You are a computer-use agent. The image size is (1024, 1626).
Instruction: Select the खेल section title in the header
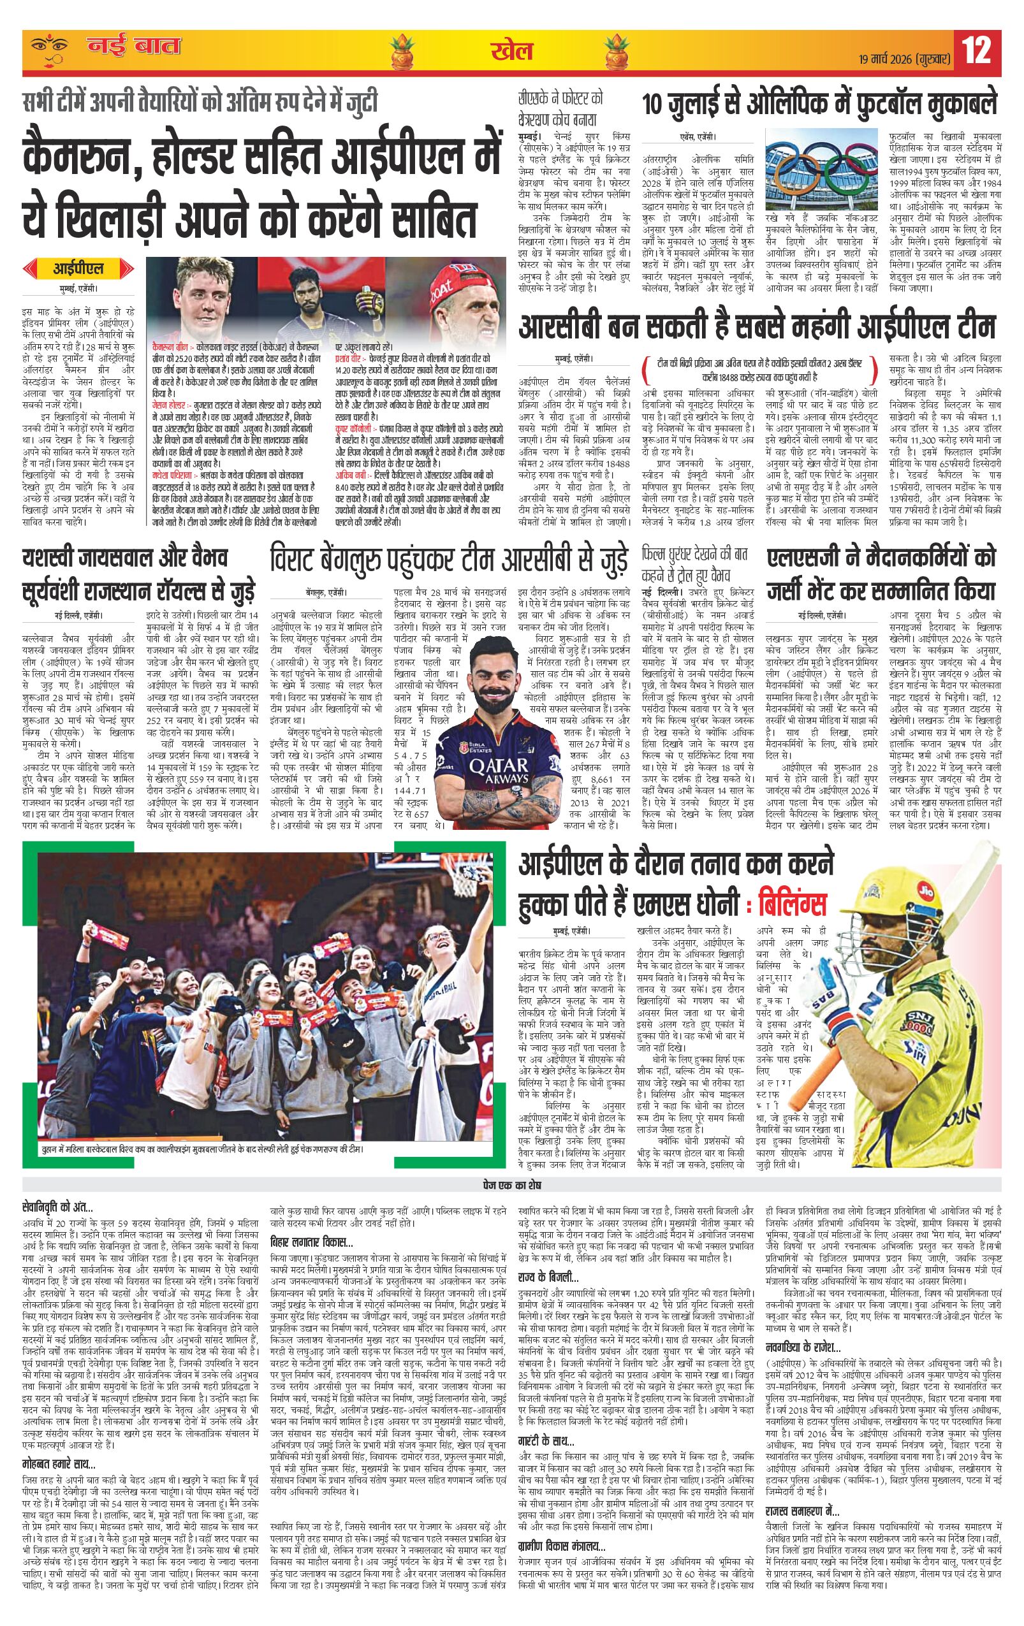click(x=512, y=52)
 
